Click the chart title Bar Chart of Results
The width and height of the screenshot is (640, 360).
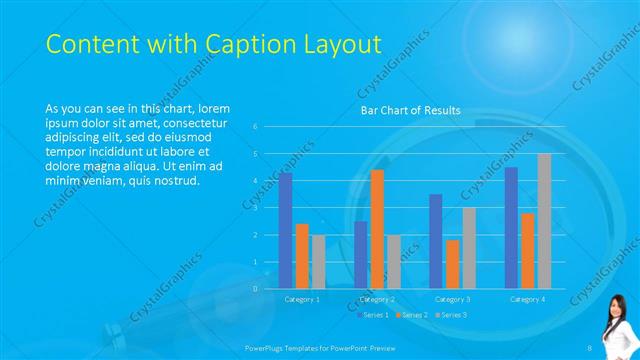click(410, 110)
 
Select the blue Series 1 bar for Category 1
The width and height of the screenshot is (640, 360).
click(285, 230)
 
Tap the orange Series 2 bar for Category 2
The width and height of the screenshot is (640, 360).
click(377, 229)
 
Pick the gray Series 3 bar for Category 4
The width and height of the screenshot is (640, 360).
click(544, 221)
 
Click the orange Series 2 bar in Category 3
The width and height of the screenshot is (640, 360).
click(453, 264)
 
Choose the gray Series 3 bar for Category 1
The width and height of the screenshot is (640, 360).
click(318, 262)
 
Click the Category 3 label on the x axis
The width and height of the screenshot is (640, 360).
click(453, 299)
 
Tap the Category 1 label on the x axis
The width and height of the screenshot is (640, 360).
click(302, 299)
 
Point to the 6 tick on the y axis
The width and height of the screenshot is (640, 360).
click(256, 127)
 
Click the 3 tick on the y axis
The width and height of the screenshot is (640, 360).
click(256, 208)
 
